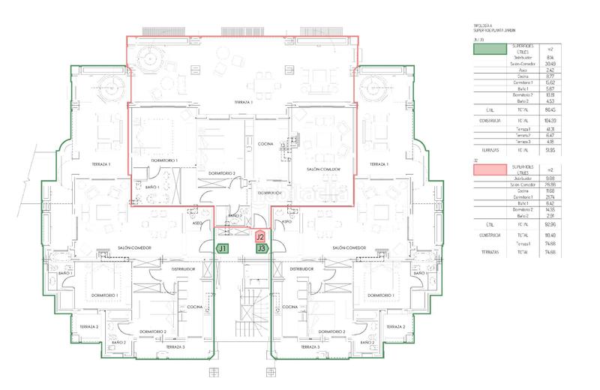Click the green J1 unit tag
(223, 247)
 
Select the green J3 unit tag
(261, 247)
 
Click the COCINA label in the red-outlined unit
(265, 143)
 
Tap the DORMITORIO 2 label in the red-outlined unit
(223, 173)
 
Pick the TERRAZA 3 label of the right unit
(309, 349)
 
